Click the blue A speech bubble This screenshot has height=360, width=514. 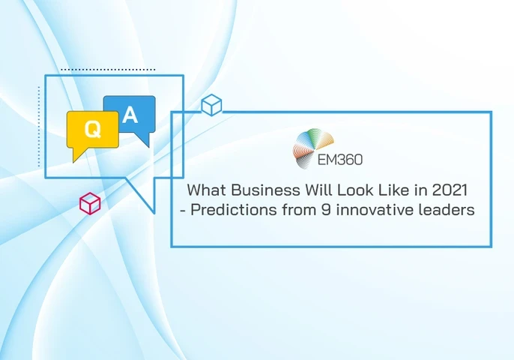[130, 114]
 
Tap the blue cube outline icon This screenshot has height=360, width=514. [211, 106]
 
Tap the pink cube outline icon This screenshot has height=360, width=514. [90, 202]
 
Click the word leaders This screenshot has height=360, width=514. [447, 210]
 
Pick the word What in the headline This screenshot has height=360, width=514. [204, 190]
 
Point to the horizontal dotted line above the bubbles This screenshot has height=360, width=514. [108, 70]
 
